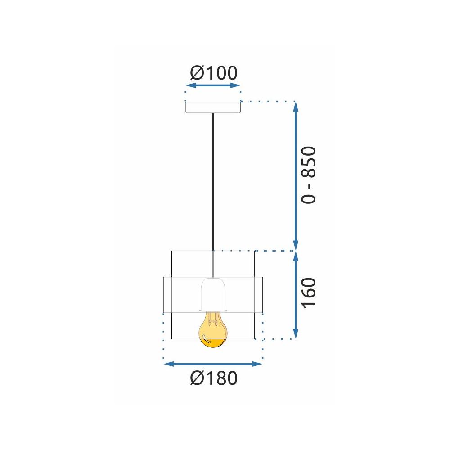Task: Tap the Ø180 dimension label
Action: [x=213, y=378]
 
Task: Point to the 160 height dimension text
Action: [x=309, y=292]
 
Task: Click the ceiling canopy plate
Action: [x=213, y=108]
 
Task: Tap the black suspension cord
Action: [x=213, y=180]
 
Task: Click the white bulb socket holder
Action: [x=213, y=295]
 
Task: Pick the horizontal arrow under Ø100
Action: [x=213, y=85]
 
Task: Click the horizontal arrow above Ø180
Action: [x=213, y=364]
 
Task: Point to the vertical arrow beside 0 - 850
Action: [x=296, y=175]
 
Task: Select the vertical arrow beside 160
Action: [x=296, y=295]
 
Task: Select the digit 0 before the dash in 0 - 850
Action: [x=309, y=197]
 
